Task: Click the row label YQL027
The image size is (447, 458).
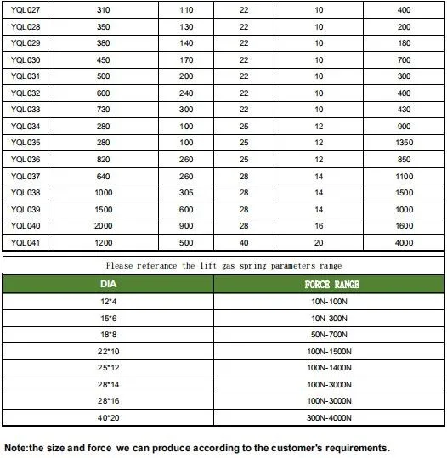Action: tap(26, 8)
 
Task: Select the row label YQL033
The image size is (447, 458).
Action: tap(26, 110)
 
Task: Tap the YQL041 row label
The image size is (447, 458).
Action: tap(26, 242)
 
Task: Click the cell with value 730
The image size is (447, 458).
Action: tap(103, 110)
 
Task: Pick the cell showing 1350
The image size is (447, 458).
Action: tap(405, 143)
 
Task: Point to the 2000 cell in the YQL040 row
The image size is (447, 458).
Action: tap(103, 226)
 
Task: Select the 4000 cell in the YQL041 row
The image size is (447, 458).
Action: tap(405, 242)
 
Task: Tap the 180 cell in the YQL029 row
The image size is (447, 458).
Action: tap(405, 42)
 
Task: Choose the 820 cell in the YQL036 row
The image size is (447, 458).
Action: tap(103, 160)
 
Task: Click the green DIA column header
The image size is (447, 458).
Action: tap(109, 285)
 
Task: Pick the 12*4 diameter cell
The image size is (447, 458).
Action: tap(109, 303)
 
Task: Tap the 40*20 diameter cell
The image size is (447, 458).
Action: tap(109, 418)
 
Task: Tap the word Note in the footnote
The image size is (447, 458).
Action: tap(16, 447)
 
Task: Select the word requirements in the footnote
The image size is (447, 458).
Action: tap(354, 447)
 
